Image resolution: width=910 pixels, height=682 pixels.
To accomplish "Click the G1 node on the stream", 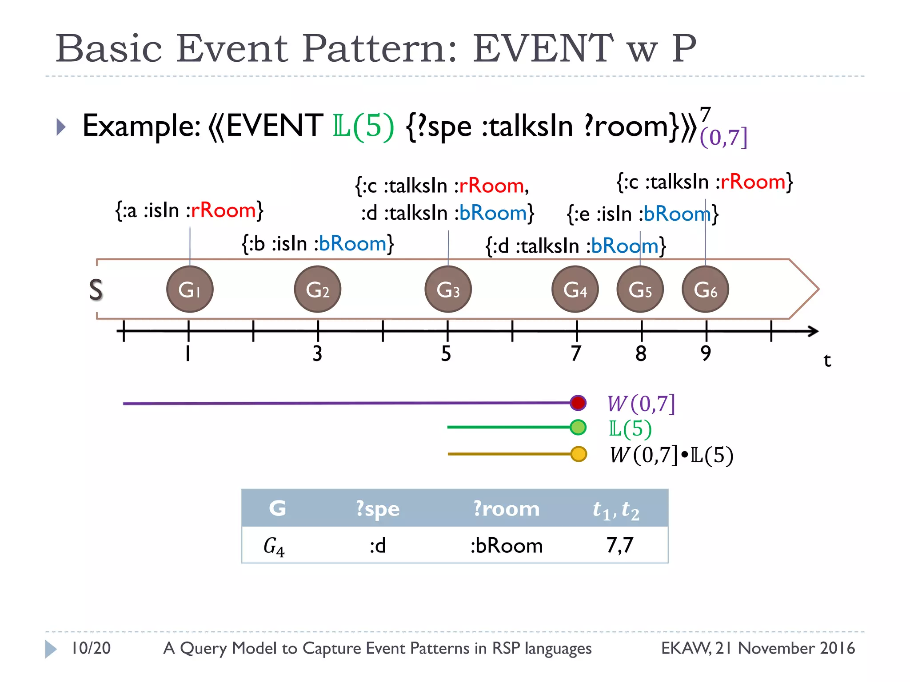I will pyautogui.click(x=190, y=289).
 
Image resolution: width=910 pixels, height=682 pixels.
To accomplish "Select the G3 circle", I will pyautogui.click(x=448, y=289).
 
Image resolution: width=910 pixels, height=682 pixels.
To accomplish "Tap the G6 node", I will pyautogui.click(x=705, y=289).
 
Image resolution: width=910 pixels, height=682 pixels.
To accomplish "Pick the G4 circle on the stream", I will pyautogui.click(x=575, y=289).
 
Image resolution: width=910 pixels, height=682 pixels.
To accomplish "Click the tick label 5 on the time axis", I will pyautogui.click(x=446, y=354).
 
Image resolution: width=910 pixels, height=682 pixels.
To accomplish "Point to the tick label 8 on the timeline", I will pyautogui.click(x=641, y=354).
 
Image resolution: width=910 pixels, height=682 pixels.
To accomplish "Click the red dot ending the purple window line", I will pyautogui.click(x=578, y=403).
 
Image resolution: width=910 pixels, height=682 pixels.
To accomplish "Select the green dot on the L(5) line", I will pyautogui.click(x=578, y=428).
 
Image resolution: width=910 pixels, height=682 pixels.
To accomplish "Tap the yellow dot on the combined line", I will pyautogui.click(x=578, y=454).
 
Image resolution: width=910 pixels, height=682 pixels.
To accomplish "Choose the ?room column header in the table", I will pyautogui.click(x=506, y=508).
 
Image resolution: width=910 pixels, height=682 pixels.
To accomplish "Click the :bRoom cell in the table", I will pyautogui.click(x=507, y=545).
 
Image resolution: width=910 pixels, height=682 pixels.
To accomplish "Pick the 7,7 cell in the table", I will pyautogui.click(x=620, y=545).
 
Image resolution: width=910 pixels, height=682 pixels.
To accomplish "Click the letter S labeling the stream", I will pyautogui.click(x=96, y=290).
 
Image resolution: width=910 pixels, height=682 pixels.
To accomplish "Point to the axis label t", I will pyautogui.click(x=827, y=360).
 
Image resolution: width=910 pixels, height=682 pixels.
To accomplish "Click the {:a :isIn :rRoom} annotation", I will pyautogui.click(x=189, y=210).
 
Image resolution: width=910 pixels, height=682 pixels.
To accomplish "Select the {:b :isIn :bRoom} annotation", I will pyautogui.click(x=318, y=244).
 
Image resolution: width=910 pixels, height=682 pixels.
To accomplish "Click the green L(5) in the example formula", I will pyautogui.click(x=363, y=126).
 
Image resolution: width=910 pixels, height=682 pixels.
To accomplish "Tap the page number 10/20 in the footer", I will pyautogui.click(x=91, y=648).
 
